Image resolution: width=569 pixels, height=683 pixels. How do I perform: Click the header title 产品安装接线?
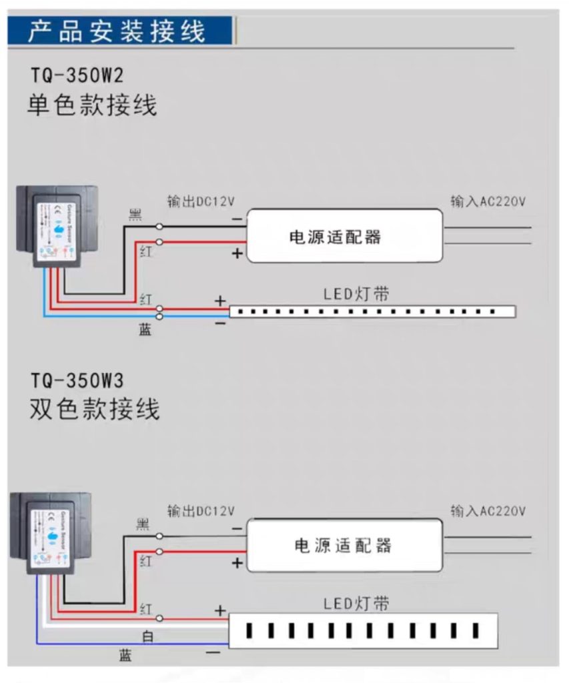[117, 31]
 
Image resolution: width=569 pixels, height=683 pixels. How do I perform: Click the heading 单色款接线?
[92, 106]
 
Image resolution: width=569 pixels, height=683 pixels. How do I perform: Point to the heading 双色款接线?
[94, 410]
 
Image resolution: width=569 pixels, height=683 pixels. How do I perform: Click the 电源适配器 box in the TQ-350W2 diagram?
[345, 236]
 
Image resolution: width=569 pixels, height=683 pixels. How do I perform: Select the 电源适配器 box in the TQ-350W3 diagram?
[345, 545]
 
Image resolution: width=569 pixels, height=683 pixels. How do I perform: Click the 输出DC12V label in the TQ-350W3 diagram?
[201, 512]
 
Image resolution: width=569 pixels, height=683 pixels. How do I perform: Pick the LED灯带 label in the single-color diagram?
[356, 294]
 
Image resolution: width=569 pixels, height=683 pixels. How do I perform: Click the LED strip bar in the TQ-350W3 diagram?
[363, 630]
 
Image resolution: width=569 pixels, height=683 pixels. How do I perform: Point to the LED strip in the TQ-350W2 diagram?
[372, 311]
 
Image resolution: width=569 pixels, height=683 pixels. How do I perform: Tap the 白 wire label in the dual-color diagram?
[147, 637]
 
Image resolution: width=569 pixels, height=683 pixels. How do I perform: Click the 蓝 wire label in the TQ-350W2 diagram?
[145, 329]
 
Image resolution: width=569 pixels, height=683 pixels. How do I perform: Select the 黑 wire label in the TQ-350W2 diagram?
[135, 214]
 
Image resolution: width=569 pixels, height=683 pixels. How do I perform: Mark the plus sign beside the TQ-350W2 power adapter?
[237, 254]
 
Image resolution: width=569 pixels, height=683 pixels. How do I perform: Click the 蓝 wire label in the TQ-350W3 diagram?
[125, 656]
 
